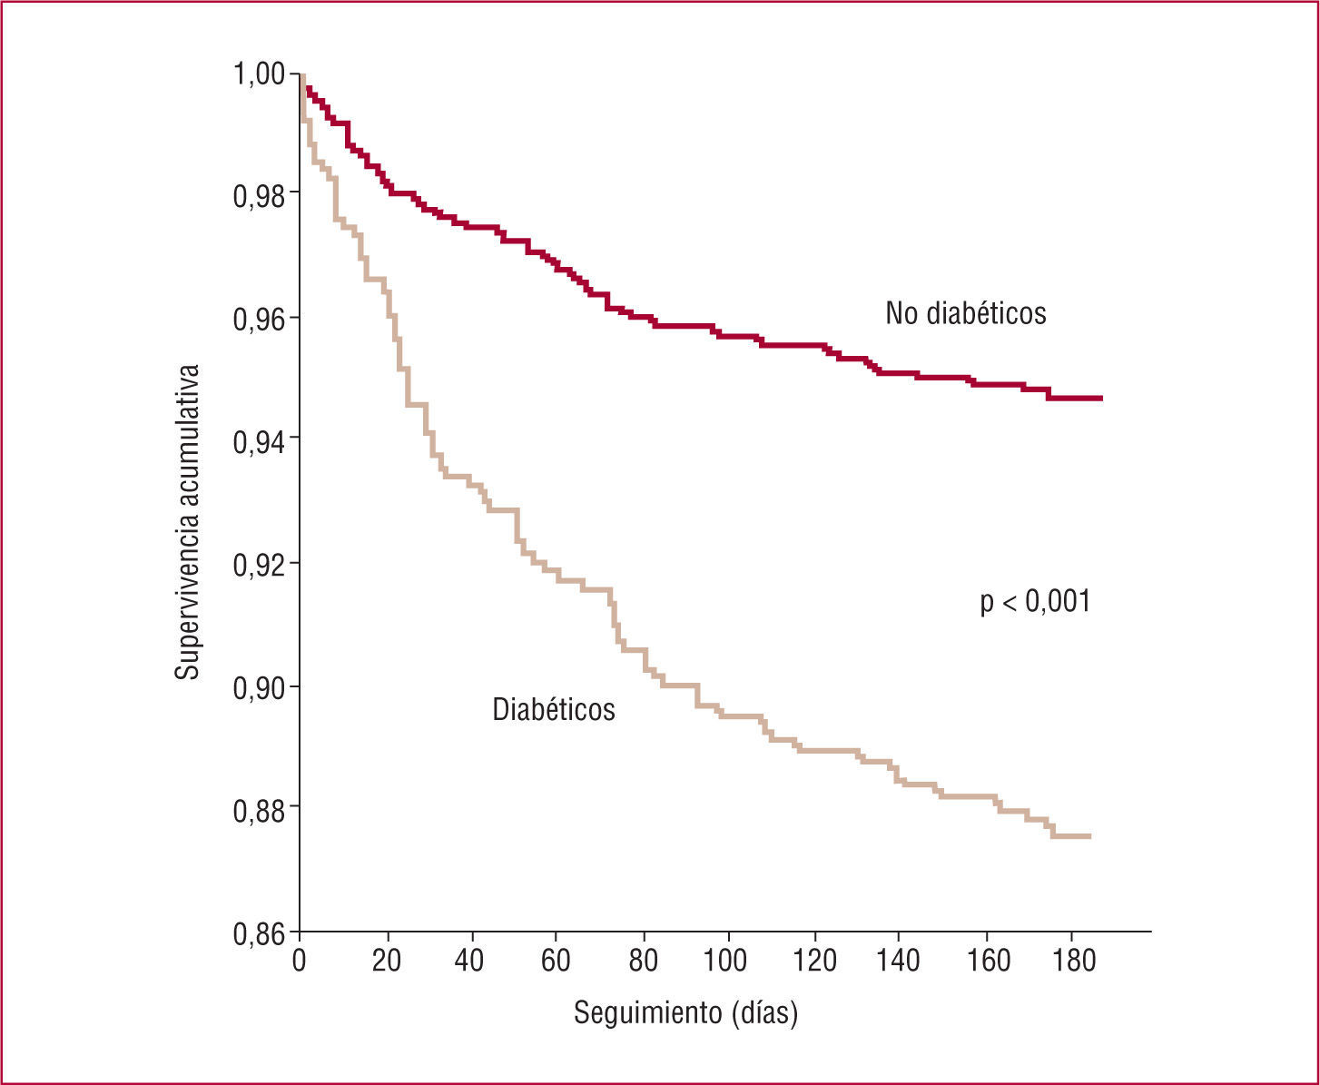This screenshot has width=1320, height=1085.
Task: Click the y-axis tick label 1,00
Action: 259,73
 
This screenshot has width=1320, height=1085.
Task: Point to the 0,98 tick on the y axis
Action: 259,196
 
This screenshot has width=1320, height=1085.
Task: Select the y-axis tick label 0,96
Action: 259,319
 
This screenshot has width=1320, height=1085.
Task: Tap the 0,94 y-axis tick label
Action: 259,441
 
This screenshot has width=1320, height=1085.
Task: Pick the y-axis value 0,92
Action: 259,564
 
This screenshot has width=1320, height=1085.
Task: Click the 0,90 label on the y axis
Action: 259,686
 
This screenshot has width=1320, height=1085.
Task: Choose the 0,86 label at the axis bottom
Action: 259,932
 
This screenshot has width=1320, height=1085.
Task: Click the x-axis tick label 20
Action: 387,961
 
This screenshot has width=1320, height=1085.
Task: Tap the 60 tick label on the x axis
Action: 557,961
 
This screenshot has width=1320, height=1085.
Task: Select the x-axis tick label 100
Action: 728,961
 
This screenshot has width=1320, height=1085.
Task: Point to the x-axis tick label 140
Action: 899,961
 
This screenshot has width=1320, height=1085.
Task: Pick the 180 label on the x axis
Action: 1070,961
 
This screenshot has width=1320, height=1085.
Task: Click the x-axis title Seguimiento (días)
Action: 685,1012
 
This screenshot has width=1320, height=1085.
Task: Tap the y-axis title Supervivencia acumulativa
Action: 187,522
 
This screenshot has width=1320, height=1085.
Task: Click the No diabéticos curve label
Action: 966,313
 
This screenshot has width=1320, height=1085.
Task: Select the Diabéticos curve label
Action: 554,709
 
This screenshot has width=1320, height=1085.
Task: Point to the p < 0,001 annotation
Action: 1035,602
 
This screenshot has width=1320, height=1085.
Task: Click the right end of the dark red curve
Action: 1100,398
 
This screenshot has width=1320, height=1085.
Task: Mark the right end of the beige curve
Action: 1089,836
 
